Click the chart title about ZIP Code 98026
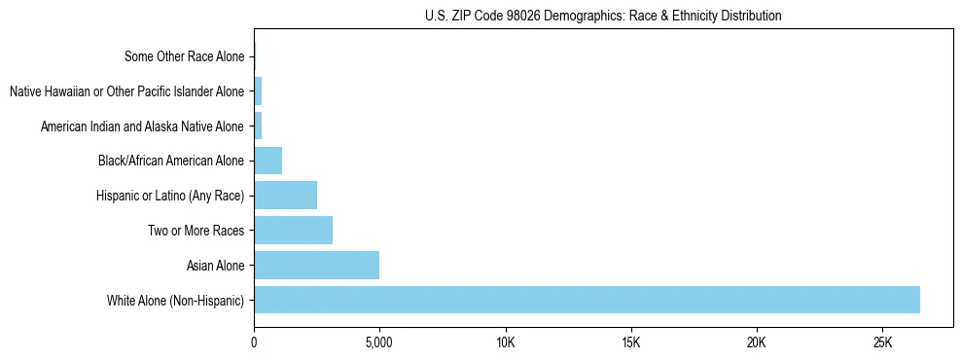pyautogui.click(x=603, y=16)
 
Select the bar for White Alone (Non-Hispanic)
pyautogui.click(x=587, y=300)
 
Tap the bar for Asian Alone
pyautogui.click(x=316, y=265)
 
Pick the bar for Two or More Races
pyautogui.click(x=293, y=230)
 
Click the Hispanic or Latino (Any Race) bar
pyautogui.click(x=285, y=195)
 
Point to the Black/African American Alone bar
pyautogui.click(x=267, y=160)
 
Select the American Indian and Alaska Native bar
pyautogui.click(x=258, y=126)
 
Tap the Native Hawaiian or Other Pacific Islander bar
pyautogui.click(x=258, y=91)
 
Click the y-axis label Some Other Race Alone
pyautogui.click(x=184, y=56)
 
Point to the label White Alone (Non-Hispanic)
pyautogui.click(x=175, y=301)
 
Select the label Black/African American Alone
pyautogui.click(x=171, y=161)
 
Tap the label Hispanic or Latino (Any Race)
pyautogui.click(x=170, y=196)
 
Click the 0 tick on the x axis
pyautogui.click(x=254, y=342)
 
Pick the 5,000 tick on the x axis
pyautogui.click(x=379, y=342)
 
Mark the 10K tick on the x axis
pyautogui.click(x=505, y=342)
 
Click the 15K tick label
pyautogui.click(x=630, y=342)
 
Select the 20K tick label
pyautogui.click(x=756, y=342)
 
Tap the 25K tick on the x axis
pyautogui.click(x=882, y=342)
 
